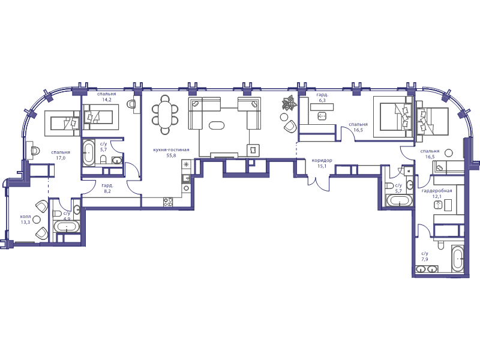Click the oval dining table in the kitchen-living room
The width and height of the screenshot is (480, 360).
point(166,115)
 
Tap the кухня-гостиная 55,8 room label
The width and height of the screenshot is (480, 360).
point(171,152)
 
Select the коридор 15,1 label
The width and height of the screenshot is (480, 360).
point(322,163)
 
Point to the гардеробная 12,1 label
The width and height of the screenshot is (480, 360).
point(437,193)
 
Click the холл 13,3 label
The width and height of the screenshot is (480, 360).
point(25,219)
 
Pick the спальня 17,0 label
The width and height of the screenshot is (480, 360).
point(61,155)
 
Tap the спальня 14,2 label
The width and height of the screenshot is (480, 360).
point(107,97)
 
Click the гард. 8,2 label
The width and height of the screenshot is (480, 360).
point(107,188)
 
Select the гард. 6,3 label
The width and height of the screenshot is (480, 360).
point(322,97)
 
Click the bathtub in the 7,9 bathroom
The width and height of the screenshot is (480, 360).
point(458,259)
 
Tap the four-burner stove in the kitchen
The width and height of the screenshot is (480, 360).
point(168,202)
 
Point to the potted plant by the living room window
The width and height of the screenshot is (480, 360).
point(289,103)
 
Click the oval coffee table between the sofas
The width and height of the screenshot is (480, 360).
point(217,125)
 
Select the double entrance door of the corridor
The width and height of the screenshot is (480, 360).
point(319,182)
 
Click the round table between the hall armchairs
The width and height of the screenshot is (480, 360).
point(37,219)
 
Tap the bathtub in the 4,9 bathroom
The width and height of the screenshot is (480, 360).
point(67,227)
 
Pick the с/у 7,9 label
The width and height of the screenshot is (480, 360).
point(425,256)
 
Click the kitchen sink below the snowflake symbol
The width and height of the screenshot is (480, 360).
point(187,179)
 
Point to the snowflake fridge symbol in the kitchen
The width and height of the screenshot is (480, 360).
point(186,164)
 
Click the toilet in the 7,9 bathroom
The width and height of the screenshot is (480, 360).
point(440,245)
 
